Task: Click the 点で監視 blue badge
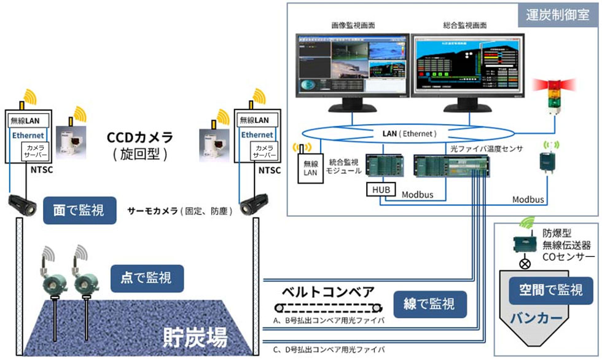pos(147,278)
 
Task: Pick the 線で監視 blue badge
pos(429,304)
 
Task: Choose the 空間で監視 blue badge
pos(546,290)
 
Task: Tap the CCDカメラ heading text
pos(140,136)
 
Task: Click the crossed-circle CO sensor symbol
pos(526,264)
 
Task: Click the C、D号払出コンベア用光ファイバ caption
pos(329,350)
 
